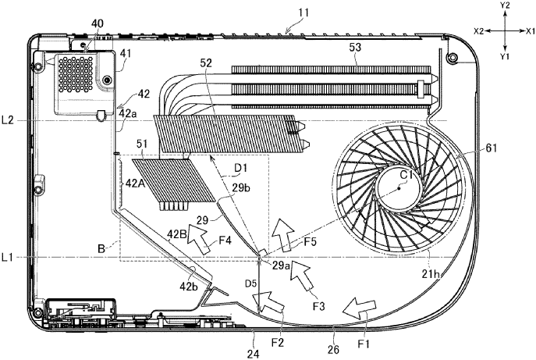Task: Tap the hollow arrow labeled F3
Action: point(302,274)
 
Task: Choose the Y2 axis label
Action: point(506,6)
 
